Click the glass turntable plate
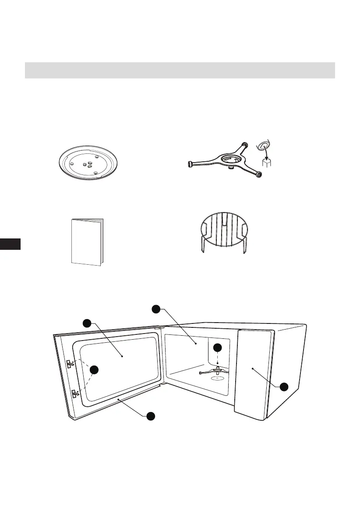click(89, 162)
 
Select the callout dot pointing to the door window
click(87, 323)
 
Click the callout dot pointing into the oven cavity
click(155, 309)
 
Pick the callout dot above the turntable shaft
click(218, 348)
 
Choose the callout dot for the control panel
click(284, 387)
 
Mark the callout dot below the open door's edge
click(150, 416)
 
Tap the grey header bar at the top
click(180, 70)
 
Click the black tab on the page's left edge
click(10, 244)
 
